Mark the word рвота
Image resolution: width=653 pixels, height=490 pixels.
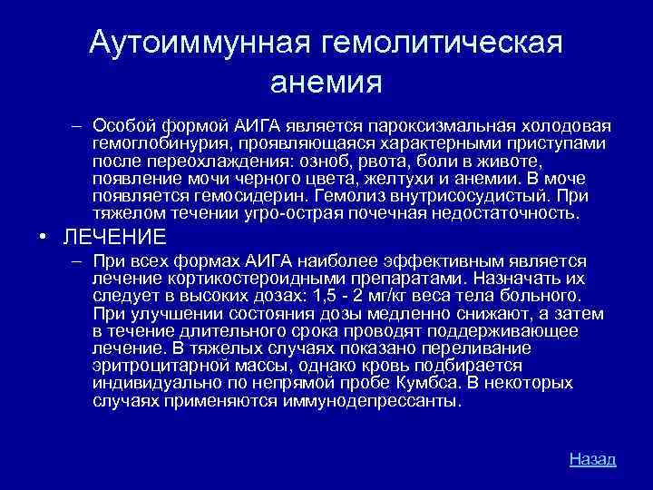tap(380, 161)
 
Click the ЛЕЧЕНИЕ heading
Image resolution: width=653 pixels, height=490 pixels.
tap(114, 238)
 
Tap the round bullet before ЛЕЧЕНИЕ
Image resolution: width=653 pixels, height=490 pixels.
tap(44, 238)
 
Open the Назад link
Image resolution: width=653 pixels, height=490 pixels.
tap(592, 458)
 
